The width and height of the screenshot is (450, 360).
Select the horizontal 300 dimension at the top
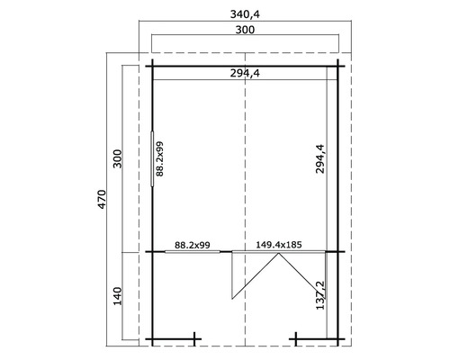244,31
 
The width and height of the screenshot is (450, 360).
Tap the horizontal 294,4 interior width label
245,76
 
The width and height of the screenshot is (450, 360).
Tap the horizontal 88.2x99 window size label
192,243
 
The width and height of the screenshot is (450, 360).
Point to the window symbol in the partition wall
192,251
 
